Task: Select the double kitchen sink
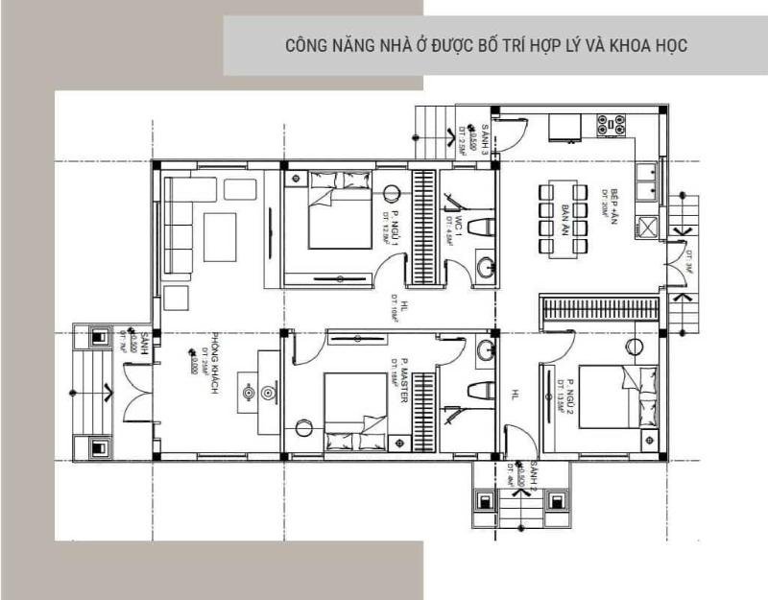[x=648, y=182]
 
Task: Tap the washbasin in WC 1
[x=486, y=268]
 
